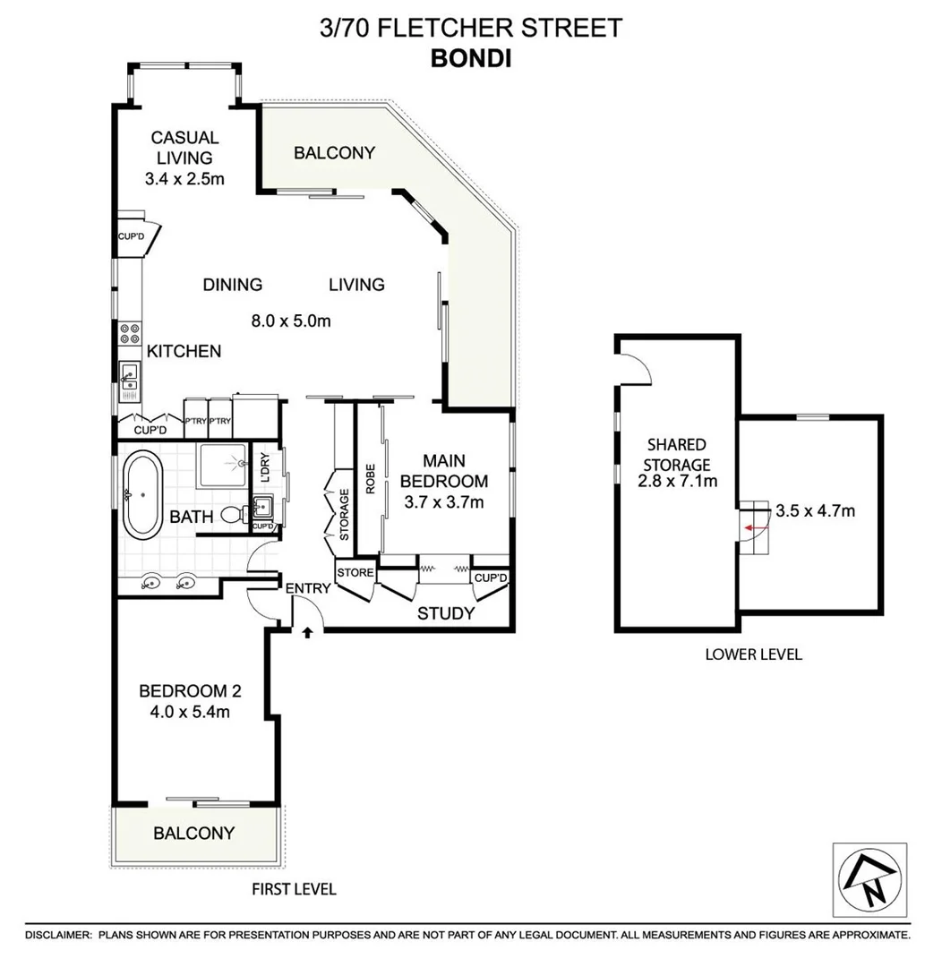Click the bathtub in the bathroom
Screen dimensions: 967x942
(x=141, y=495)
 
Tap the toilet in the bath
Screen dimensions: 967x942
(x=231, y=515)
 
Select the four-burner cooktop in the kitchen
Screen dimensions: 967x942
(x=130, y=333)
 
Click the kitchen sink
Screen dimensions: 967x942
(x=128, y=375)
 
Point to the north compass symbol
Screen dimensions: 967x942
(x=869, y=879)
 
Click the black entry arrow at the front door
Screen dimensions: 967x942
(x=307, y=632)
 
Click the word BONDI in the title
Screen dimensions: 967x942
(x=470, y=57)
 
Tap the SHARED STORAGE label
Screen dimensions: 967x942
(x=678, y=454)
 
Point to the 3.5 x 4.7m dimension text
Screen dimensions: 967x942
(x=814, y=511)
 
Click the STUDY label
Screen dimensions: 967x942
(x=446, y=613)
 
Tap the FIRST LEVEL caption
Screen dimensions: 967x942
(x=295, y=889)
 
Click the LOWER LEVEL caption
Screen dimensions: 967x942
(x=753, y=654)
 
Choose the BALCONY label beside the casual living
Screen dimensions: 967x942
(x=334, y=153)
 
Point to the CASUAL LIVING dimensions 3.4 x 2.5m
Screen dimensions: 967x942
(x=184, y=179)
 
